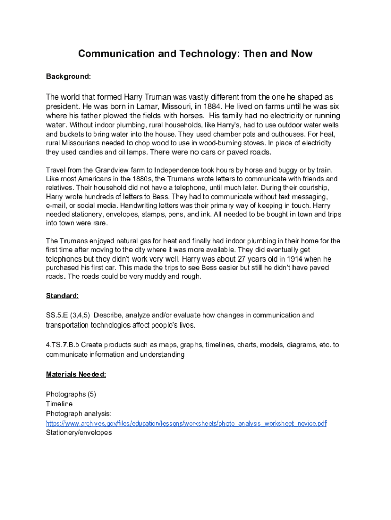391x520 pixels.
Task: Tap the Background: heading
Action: click(x=69, y=76)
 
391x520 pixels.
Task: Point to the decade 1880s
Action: click(x=143, y=179)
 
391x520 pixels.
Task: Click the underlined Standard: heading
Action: click(x=62, y=296)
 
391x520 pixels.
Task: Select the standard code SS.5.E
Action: click(x=58, y=315)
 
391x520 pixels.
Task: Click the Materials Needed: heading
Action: click(x=76, y=375)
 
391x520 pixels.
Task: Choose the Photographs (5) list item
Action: click(x=71, y=394)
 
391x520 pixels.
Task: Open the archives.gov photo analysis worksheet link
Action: click(x=186, y=424)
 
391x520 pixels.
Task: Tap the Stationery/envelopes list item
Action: click(x=79, y=433)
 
